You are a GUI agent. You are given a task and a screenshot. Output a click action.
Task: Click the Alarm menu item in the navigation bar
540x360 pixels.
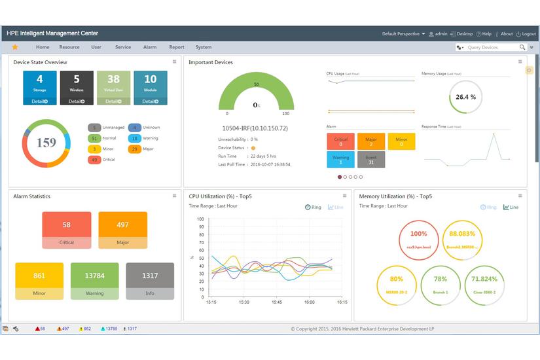pyautogui.click(x=150, y=47)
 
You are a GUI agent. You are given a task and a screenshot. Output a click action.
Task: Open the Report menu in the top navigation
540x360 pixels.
pyautogui.click(x=177, y=47)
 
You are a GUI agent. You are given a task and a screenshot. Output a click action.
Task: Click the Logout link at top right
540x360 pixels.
pyautogui.click(x=526, y=34)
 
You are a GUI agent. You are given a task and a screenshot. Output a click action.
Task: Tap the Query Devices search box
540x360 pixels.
pyautogui.click(x=491, y=47)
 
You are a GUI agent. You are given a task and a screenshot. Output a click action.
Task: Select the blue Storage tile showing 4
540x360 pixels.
pyautogui.click(x=40, y=87)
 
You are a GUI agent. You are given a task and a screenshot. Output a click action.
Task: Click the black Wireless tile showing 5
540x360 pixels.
pyautogui.click(x=77, y=87)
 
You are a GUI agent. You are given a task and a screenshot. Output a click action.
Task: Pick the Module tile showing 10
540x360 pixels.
pyautogui.click(x=151, y=87)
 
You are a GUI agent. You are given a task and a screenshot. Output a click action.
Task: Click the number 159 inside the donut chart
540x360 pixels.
pyautogui.click(x=46, y=143)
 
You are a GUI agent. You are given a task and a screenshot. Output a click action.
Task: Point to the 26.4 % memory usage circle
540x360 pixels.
pyautogui.click(x=465, y=97)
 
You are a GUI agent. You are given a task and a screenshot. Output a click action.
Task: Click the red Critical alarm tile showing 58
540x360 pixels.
pyautogui.click(x=67, y=230)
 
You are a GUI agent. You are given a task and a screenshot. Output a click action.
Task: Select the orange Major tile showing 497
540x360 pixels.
pyautogui.click(x=122, y=230)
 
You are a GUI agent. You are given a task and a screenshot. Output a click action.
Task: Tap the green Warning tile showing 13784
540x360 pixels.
pyautogui.click(x=95, y=281)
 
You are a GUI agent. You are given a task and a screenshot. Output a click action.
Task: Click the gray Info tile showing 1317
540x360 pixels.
pyautogui.click(x=150, y=281)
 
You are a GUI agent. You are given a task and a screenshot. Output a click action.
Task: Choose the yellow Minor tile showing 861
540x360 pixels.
pyautogui.click(x=39, y=281)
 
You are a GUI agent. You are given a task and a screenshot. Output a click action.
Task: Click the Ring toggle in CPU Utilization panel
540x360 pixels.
pyautogui.click(x=314, y=207)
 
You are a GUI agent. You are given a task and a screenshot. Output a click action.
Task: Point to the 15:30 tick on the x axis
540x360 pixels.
pyautogui.click(x=243, y=302)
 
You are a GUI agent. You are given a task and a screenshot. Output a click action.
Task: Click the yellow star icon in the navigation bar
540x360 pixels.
pyautogui.click(x=15, y=47)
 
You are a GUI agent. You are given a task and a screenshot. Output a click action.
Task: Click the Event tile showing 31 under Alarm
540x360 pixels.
pyautogui.click(x=371, y=160)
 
